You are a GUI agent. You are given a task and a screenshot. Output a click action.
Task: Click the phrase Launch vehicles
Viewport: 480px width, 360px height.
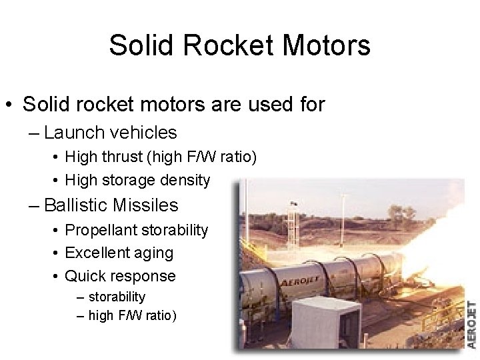(x=110, y=133)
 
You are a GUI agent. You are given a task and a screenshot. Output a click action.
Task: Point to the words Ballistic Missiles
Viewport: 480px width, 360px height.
(x=111, y=205)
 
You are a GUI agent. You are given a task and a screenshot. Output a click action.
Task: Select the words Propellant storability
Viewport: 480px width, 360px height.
(x=137, y=230)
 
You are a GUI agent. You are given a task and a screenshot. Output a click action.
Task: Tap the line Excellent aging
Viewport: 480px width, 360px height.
(x=119, y=253)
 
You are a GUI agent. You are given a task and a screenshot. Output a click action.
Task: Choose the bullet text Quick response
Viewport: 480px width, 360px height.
(x=120, y=275)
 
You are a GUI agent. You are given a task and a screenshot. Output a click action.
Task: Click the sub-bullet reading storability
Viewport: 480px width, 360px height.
(x=117, y=296)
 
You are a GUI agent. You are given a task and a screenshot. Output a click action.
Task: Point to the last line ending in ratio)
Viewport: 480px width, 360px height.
(x=132, y=315)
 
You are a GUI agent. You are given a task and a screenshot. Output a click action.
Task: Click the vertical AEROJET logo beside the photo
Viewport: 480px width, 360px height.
(x=471, y=325)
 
